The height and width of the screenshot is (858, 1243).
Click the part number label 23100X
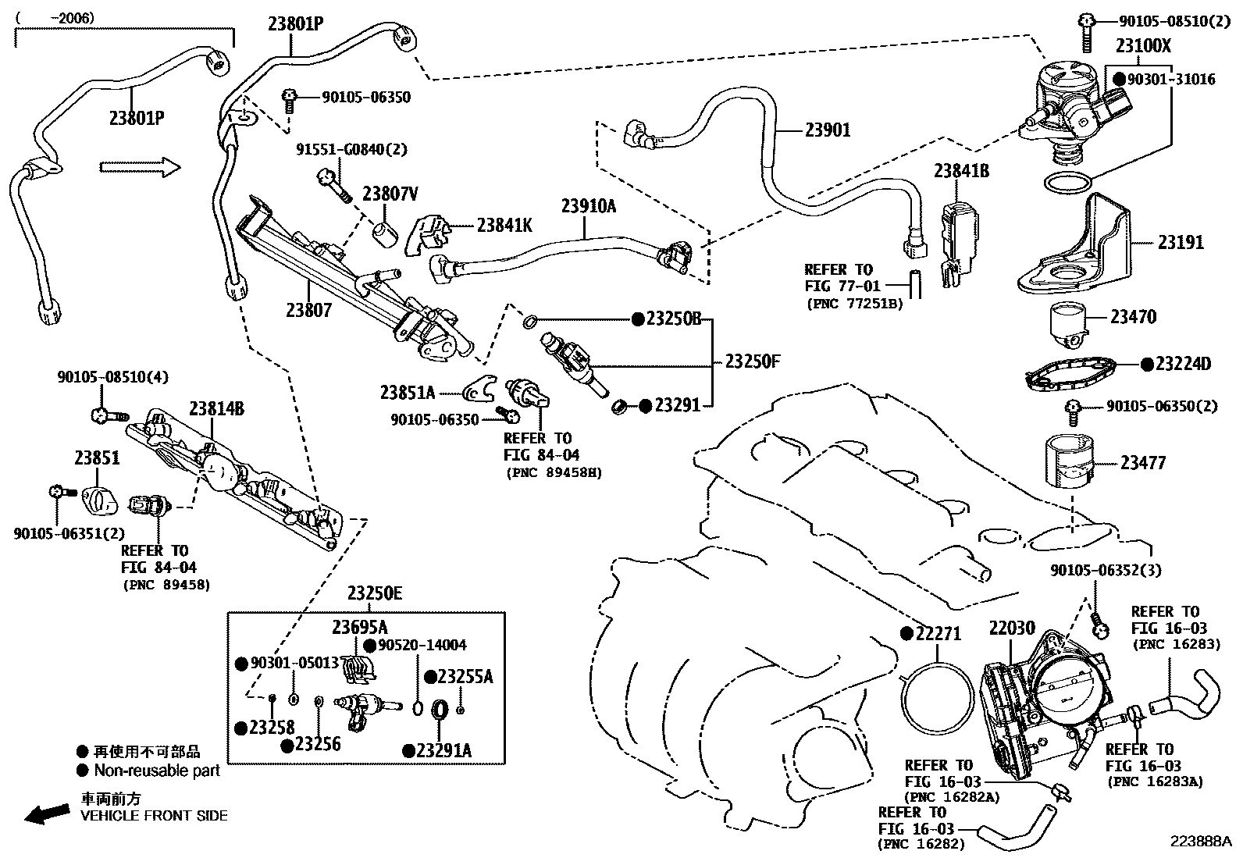pyautogui.click(x=1143, y=45)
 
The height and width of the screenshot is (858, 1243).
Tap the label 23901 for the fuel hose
pyautogui.click(x=828, y=130)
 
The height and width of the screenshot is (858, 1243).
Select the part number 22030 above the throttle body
pyautogui.click(x=1012, y=628)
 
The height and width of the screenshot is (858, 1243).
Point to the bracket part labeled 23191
pyautogui.click(x=1074, y=244)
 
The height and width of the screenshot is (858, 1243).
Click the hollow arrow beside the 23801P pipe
pyautogui.click(x=140, y=167)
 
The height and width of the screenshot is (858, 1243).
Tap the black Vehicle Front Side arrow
pyautogui.click(x=47, y=814)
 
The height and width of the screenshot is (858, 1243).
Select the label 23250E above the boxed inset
pyautogui.click(x=375, y=593)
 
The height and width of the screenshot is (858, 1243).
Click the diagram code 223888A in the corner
pyautogui.click(x=1201, y=842)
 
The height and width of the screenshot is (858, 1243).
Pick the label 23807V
pyautogui.click(x=390, y=194)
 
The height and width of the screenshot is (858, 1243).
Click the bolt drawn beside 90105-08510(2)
pyautogui.click(x=1087, y=32)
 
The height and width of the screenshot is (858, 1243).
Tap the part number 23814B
pyautogui.click(x=216, y=408)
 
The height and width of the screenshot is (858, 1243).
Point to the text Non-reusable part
pyautogui.click(x=157, y=771)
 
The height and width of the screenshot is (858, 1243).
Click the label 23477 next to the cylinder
pyautogui.click(x=1143, y=463)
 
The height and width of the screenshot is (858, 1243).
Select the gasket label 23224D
pyautogui.click(x=1183, y=364)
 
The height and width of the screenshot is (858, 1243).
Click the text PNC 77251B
pyautogui.click(x=854, y=304)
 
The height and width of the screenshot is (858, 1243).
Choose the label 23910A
pyautogui.click(x=588, y=206)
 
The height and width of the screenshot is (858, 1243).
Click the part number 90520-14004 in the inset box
pyautogui.click(x=422, y=645)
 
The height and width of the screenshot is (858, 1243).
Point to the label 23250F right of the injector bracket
pyautogui.click(x=753, y=361)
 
